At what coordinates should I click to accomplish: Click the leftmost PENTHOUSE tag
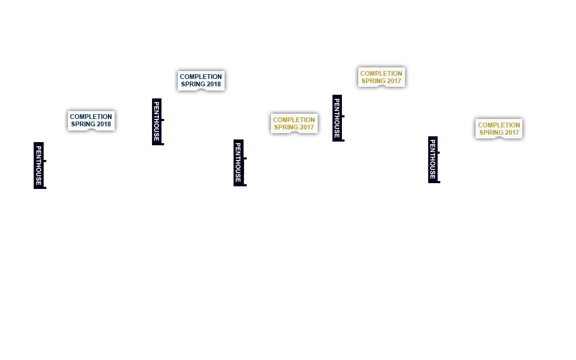(38, 165)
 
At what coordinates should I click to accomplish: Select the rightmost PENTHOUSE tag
(433, 159)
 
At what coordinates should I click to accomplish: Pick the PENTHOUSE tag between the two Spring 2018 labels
(157, 122)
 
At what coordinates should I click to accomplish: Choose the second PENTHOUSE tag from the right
(337, 118)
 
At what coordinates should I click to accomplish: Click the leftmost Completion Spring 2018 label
(91, 121)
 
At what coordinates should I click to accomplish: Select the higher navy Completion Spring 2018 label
(201, 81)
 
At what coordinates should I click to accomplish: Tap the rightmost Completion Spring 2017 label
(499, 129)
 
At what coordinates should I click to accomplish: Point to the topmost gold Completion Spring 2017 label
(381, 77)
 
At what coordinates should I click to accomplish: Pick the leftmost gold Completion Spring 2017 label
(294, 124)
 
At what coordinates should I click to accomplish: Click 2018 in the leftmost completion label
(104, 124)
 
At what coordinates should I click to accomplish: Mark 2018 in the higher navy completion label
(214, 84)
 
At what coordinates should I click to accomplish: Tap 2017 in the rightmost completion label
(512, 133)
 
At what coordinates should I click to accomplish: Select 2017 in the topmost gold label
(394, 81)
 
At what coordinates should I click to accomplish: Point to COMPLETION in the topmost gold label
(381, 74)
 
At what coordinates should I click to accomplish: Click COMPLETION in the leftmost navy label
(91, 117)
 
